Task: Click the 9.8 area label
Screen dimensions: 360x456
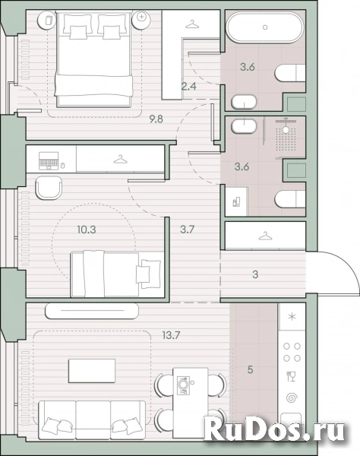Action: (156, 119)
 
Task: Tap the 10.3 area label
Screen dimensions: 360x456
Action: (87, 230)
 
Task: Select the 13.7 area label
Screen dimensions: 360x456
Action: (171, 335)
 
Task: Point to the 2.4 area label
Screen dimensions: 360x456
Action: (189, 87)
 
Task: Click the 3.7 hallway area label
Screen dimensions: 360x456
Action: (187, 230)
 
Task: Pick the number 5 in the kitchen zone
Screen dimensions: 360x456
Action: (250, 369)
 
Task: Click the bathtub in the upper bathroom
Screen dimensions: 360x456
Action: (265, 27)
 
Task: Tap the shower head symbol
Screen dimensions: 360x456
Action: (286, 127)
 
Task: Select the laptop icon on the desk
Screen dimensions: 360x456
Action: (49, 161)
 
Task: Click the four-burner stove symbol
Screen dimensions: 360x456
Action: (292, 352)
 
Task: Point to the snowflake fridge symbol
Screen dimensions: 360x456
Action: (292, 316)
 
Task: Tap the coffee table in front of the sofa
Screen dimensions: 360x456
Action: (92, 371)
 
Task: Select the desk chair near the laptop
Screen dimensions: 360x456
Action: (49, 188)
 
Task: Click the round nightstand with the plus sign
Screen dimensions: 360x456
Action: (141, 20)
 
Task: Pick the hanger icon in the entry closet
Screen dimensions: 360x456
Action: (265, 236)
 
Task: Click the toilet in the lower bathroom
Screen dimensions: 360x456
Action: (290, 199)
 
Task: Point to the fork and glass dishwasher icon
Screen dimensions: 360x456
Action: (291, 376)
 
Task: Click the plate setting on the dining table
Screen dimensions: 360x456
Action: (184, 385)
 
